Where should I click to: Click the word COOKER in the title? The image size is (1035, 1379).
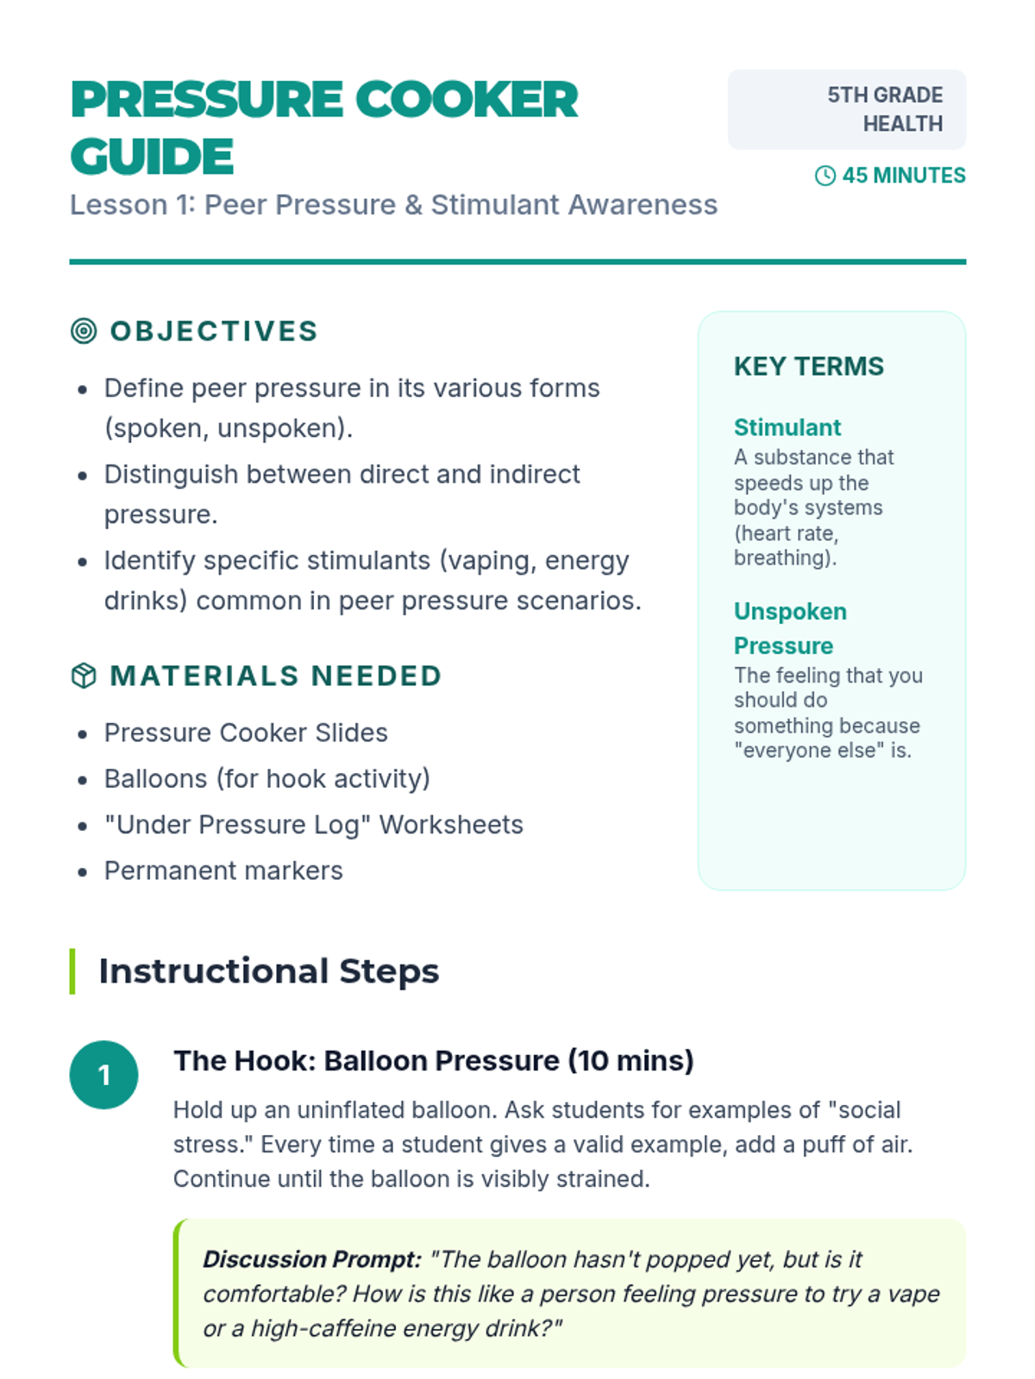(x=466, y=100)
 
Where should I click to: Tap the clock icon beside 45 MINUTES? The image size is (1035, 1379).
(x=825, y=176)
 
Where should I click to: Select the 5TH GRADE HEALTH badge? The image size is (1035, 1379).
(x=846, y=109)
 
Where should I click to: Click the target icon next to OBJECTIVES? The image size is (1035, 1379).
(x=84, y=331)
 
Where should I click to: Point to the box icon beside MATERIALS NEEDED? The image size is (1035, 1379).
(x=84, y=676)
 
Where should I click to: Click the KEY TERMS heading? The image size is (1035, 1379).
(x=808, y=366)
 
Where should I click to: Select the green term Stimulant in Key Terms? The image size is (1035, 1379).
(x=787, y=427)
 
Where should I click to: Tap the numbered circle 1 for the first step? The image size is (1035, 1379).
(x=103, y=1075)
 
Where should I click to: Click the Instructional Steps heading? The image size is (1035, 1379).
(x=268, y=971)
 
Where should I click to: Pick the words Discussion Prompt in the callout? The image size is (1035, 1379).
(x=311, y=1259)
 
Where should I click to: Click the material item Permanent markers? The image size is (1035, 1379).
(x=223, y=870)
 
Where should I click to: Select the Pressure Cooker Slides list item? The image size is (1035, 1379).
(x=246, y=733)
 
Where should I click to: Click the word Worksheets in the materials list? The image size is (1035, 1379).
(x=451, y=825)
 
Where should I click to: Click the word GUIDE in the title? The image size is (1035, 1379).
(x=152, y=157)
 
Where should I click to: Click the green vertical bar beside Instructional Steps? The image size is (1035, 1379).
(x=72, y=971)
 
